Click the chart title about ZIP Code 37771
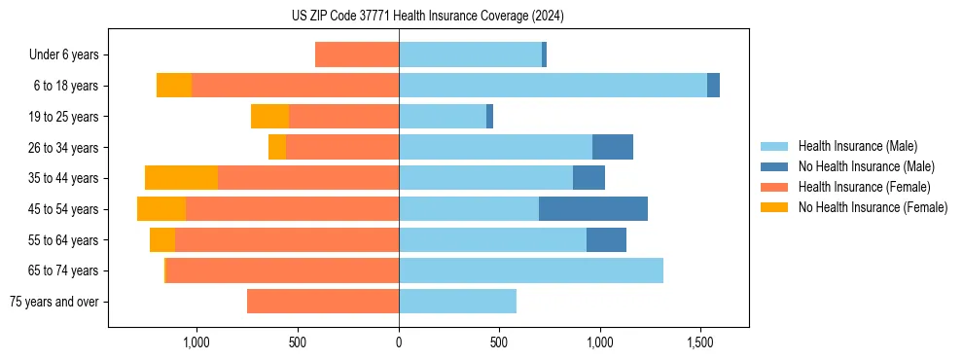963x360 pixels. (x=427, y=17)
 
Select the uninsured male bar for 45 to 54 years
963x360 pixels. (x=593, y=208)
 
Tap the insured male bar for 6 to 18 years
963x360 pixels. (x=553, y=86)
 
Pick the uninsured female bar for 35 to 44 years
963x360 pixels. (x=181, y=178)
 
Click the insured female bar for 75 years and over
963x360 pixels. (x=323, y=302)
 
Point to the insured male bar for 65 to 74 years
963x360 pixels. (x=531, y=270)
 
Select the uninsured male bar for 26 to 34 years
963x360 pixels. (x=613, y=147)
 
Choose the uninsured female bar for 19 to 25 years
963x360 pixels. (x=269, y=117)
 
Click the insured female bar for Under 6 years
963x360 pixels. (x=357, y=54)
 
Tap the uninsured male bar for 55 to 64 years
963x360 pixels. (x=606, y=239)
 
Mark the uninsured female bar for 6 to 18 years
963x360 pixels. (x=174, y=86)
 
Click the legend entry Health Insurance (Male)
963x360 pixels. (x=857, y=146)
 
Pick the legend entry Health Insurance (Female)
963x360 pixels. (x=864, y=187)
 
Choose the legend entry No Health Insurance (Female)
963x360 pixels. (x=873, y=207)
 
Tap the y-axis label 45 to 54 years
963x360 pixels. (x=63, y=209)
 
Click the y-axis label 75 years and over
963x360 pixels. (x=54, y=302)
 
